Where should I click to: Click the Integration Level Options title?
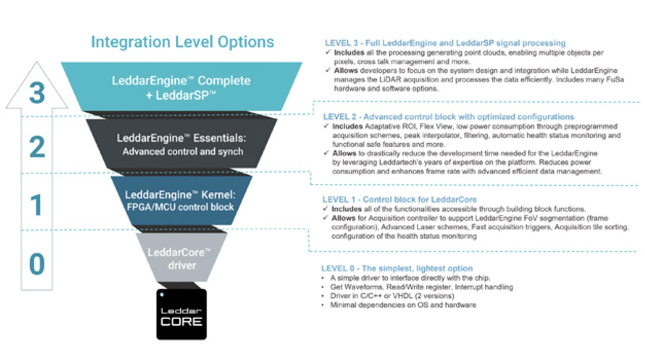coord(182,42)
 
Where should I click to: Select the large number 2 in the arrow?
coord(36,148)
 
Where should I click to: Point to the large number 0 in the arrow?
coord(36,263)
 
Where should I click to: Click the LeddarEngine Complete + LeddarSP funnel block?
coord(181,87)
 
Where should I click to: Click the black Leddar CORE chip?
coord(181,315)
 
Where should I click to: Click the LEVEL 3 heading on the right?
coord(445,43)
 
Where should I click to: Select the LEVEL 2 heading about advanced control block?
coord(448,117)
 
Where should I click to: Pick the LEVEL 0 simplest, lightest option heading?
coord(397,268)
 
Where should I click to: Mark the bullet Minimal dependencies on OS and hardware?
coord(403,305)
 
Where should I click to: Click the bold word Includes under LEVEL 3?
coord(347,52)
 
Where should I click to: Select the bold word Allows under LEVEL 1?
coord(343,218)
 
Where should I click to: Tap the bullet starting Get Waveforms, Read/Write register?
coord(421,287)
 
